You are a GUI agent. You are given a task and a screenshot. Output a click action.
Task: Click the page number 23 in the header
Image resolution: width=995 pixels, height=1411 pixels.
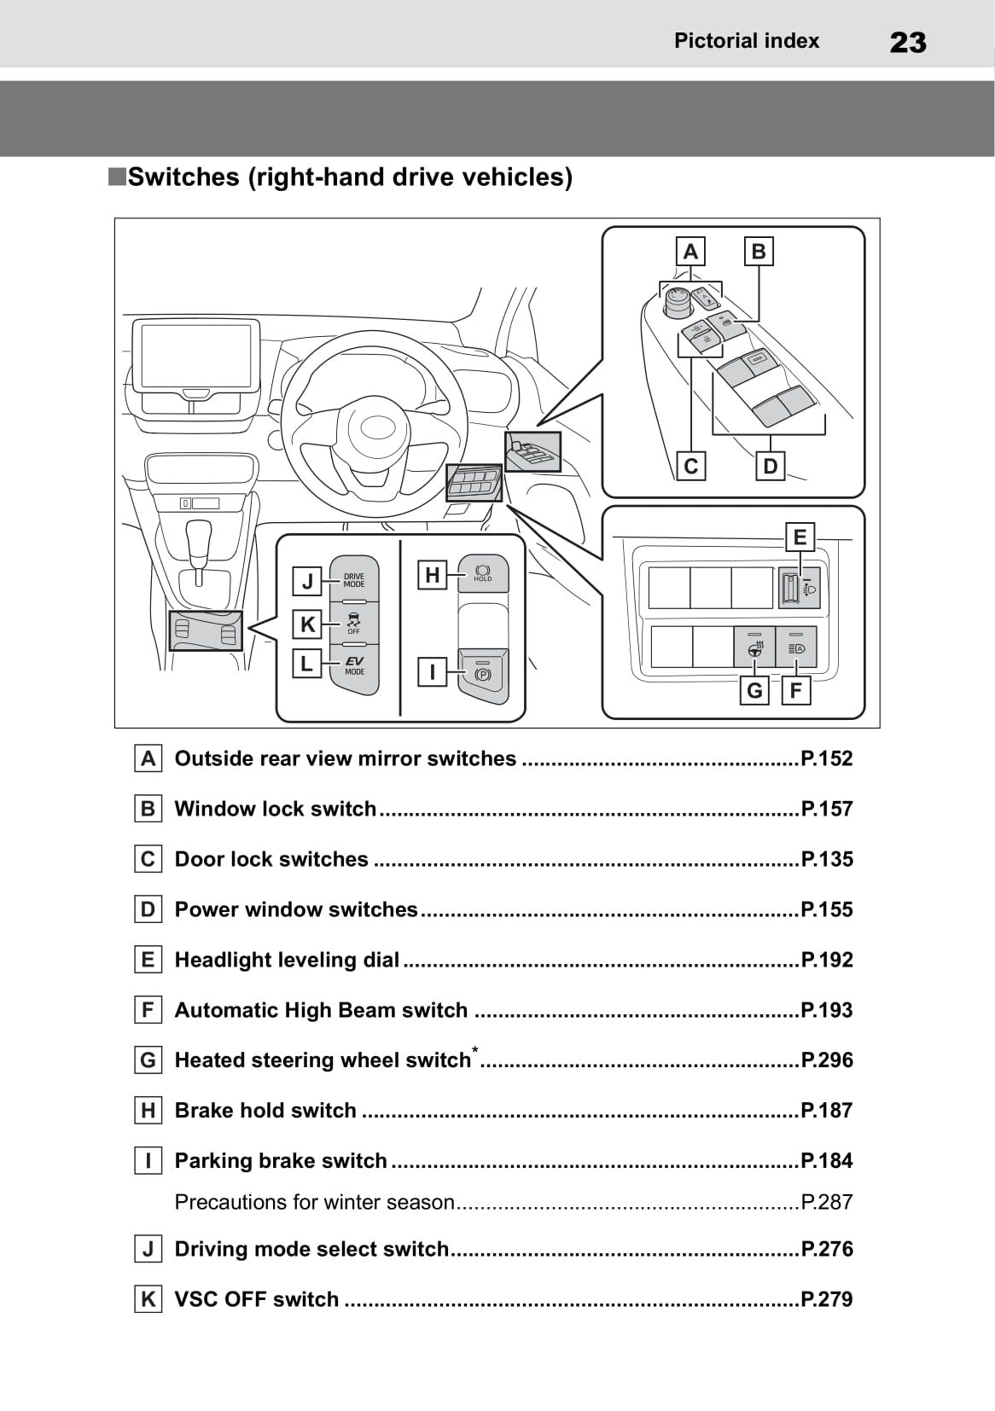[907, 42]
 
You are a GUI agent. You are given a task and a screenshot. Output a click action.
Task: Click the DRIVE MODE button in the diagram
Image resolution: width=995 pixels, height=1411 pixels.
[353, 580]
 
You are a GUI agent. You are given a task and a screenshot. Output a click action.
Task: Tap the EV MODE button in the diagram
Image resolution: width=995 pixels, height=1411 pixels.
[353, 665]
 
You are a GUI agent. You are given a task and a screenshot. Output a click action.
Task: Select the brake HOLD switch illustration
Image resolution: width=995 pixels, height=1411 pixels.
[483, 572]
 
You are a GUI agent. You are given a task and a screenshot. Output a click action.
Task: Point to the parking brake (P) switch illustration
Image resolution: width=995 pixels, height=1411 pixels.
[483, 674]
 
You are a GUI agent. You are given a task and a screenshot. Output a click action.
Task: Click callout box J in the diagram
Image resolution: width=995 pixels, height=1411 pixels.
[307, 582]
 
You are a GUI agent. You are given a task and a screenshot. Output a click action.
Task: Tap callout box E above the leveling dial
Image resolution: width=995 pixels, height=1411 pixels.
[800, 537]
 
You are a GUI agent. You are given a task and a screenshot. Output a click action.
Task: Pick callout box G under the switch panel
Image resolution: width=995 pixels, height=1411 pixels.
[754, 690]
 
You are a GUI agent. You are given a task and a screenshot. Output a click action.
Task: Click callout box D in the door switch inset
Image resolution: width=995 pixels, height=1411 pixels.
[771, 467]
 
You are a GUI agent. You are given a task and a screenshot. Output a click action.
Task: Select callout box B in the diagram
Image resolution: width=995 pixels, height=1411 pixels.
[759, 252]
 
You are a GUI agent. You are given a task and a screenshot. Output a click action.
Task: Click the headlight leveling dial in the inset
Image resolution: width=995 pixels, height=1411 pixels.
[789, 588]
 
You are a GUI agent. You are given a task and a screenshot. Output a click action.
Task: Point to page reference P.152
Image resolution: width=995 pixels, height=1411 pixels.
[827, 758]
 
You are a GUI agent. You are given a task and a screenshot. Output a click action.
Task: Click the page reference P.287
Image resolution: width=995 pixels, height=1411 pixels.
[827, 1202]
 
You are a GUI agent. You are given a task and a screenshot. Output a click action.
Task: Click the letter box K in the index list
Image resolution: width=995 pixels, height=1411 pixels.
[148, 1299]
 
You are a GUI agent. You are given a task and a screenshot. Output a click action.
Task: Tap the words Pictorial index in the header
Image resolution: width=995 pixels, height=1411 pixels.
[746, 41]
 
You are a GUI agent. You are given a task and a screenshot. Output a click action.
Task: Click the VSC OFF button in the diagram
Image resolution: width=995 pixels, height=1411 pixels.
[353, 622]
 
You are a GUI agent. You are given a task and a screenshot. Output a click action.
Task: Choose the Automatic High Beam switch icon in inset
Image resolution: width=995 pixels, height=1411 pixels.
[796, 647]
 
